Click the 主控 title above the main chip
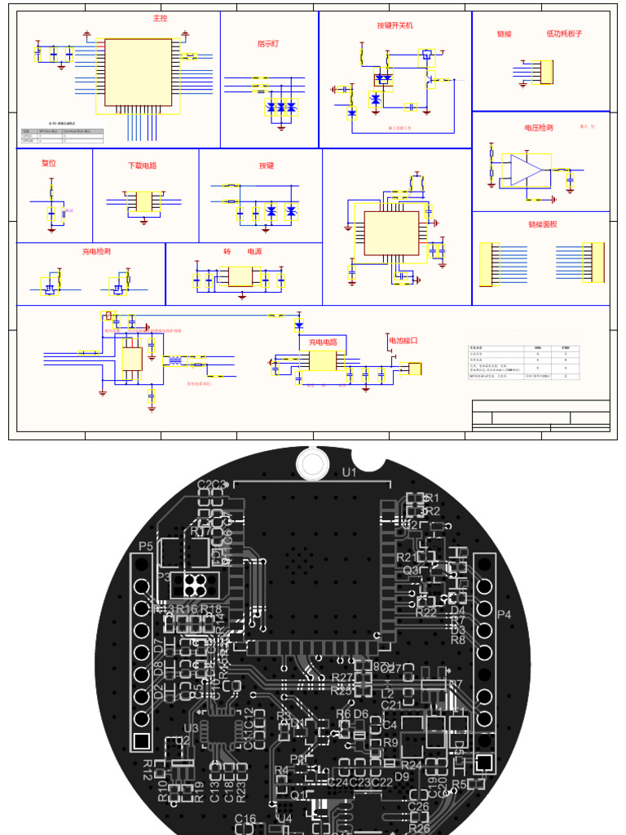[160, 18]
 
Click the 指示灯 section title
[268, 44]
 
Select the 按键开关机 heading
[395, 26]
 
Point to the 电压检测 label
[539, 128]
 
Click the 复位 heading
[49, 163]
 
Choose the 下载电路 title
[142, 166]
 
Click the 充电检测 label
[95, 252]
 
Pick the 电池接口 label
[403, 341]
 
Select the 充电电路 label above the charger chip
[322, 342]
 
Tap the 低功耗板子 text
[564, 34]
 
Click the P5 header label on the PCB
[146, 546]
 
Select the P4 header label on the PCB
[505, 615]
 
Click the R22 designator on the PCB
[425, 612]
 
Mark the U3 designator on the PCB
[192, 728]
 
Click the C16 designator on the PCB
[245, 818]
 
